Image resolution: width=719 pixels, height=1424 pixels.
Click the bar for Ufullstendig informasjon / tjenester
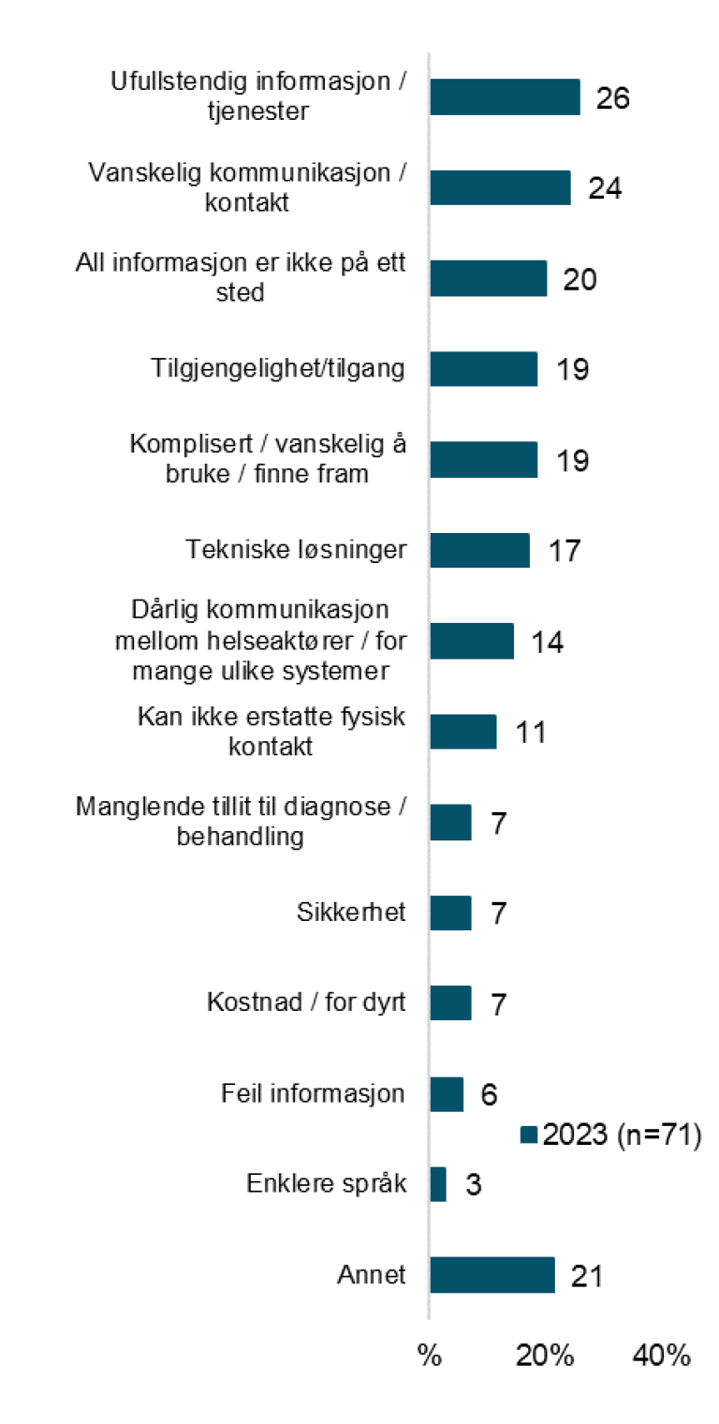[505, 97]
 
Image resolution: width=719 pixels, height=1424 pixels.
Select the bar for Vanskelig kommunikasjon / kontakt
[500, 188]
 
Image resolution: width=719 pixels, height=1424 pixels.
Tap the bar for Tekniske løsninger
[479, 550]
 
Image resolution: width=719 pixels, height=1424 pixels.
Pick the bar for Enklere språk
[438, 1184]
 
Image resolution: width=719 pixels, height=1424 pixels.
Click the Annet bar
[492, 1275]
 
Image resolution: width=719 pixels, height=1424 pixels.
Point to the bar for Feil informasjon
[447, 1094]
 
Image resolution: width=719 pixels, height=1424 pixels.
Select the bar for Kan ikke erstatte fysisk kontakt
[463, 732]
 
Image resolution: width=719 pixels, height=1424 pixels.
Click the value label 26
[613, 98]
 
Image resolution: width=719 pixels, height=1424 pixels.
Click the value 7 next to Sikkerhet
[498, 913]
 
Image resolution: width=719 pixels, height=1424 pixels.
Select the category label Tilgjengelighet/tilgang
[278, 369]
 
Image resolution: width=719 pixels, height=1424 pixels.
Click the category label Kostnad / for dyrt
[306, 1002]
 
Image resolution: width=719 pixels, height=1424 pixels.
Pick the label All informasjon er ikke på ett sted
[241, 278]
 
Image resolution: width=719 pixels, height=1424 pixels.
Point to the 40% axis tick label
[662, 1356]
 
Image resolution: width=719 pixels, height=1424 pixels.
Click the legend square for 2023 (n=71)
[529, 1135]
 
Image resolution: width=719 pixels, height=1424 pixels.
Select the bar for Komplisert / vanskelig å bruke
[484, 460]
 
